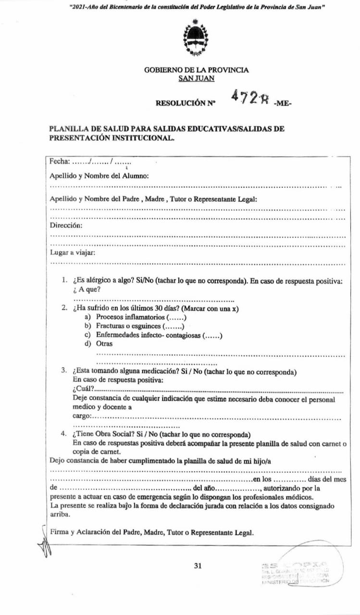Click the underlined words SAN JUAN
tap(196, 78)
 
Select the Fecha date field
tap(84, 161)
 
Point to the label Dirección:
tap(66, 225)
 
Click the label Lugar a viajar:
tap(72, 252)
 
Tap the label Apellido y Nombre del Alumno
tap(99, 176)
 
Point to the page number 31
tap(198, 566)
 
